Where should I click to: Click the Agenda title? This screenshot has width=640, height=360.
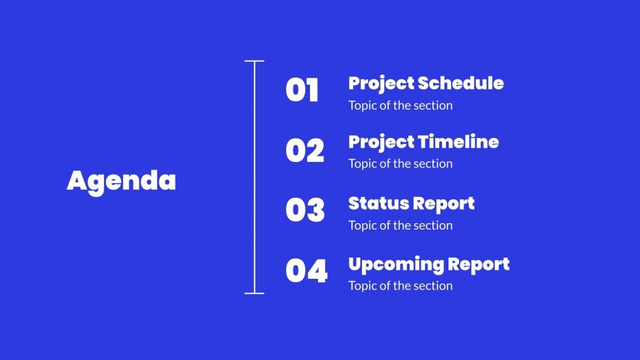pos(121,181)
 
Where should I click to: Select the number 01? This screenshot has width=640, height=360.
pos(302,91)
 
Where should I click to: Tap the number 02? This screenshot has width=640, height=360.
pos(305,151)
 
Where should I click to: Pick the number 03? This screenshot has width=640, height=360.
pos(305,211)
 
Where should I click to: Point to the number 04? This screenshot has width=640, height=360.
pos(307,271)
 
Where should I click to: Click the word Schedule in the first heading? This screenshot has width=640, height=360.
pos(460,84)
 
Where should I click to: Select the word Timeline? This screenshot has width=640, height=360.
pos(458,142)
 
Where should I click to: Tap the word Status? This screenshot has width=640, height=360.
pos(376,203)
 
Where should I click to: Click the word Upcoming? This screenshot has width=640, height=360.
pos(396,264)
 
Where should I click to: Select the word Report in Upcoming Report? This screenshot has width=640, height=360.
pos(479,264)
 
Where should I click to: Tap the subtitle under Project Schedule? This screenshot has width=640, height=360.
pos(400,105)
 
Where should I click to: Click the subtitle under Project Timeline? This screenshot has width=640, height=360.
pos(400,164)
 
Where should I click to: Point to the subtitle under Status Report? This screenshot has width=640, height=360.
pos(400,226)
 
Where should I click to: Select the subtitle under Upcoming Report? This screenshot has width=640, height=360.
pos(400,286)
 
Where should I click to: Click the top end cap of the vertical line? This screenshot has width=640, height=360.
pos(255,61)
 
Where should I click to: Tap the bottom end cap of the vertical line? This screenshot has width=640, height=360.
pos(255,294)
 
